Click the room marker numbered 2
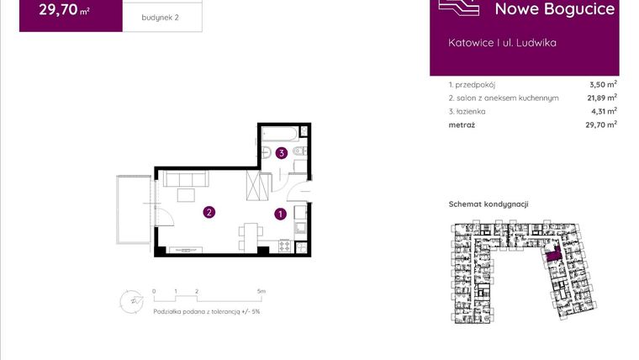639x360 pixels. [209, 213]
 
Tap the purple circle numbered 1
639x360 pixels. [279, 214]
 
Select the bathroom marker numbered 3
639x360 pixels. [281, 153]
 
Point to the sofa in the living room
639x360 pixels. [187, 179]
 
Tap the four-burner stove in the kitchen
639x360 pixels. [283, 247]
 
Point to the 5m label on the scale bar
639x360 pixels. [261, 291]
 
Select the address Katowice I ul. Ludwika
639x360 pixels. [503, 42]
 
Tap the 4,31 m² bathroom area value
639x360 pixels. [603, 110]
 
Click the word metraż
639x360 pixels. [462, 124]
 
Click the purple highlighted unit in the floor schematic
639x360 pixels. [552, 255]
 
